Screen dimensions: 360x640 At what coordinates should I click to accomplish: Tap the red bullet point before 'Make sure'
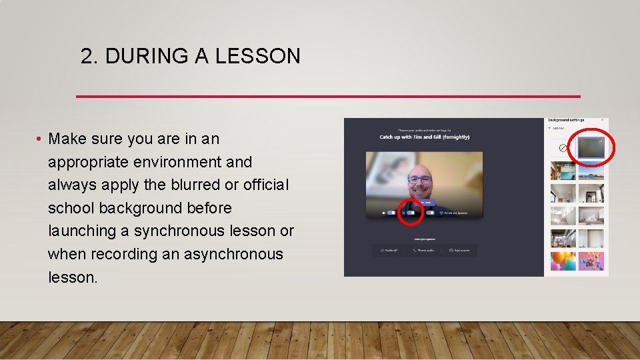coord(40,139)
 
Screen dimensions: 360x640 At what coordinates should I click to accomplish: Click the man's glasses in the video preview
coord(419,179)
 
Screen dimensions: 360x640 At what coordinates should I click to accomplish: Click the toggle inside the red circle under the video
coord(411,213)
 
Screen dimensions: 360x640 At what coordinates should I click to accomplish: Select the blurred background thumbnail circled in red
coord(592,148)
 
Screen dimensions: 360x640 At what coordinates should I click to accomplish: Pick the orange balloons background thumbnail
coord(563,260)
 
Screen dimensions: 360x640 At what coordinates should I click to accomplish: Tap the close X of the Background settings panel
coord(603,120)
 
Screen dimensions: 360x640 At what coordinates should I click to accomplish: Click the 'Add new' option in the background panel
coord(557,127)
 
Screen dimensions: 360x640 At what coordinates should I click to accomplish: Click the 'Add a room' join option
coord(459,250)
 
